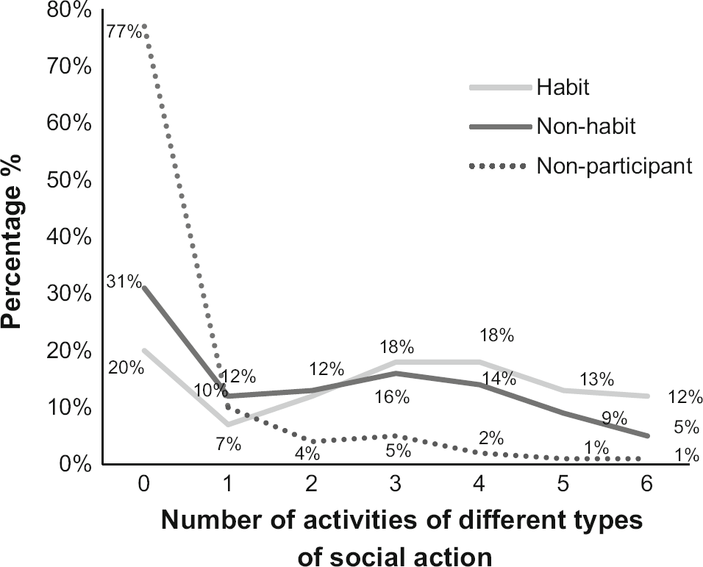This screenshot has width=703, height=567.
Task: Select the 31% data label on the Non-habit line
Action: (x=123, y=281)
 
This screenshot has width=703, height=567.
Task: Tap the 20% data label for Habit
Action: (x=126, y=368)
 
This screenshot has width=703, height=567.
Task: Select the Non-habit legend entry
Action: (x=585, y=126)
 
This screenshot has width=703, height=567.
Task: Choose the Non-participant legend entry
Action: (x=614, y=166)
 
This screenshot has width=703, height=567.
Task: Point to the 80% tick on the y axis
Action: (x=71, y=10)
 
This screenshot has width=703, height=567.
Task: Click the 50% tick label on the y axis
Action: (x=71, y=180)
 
